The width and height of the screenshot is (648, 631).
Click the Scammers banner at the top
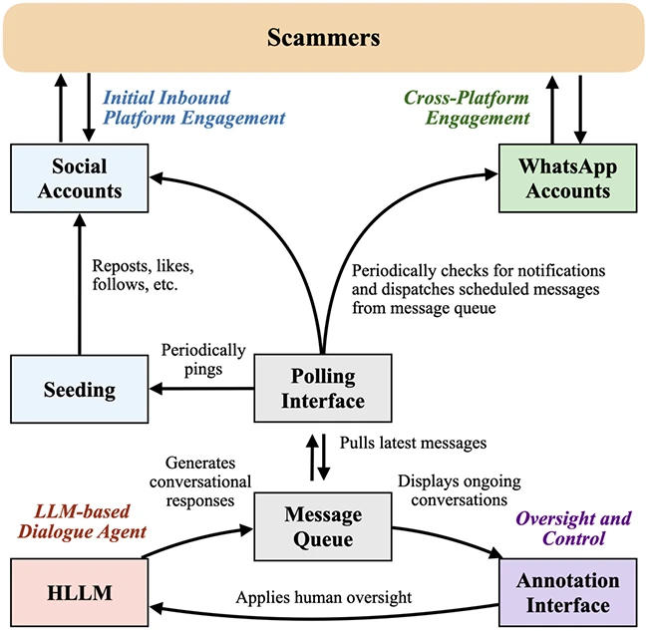(x=324, y=37)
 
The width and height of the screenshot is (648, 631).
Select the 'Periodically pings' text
(x=203, y=360)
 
